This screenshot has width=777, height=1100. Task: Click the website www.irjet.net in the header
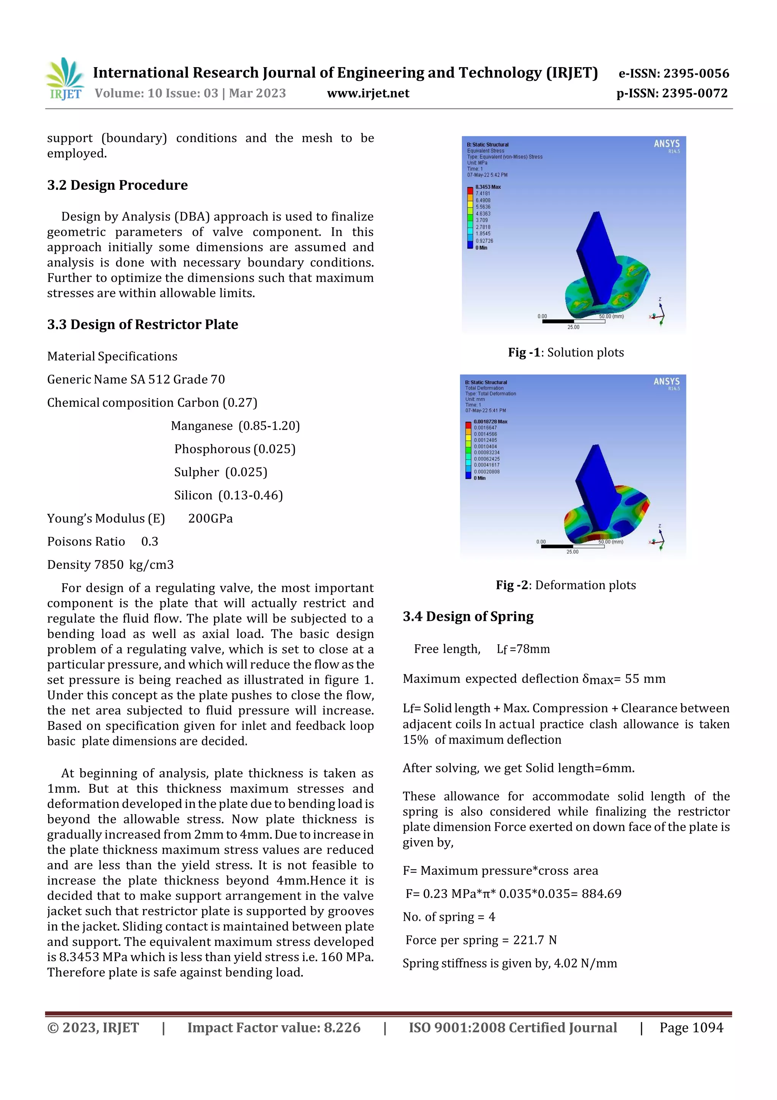point(368,93)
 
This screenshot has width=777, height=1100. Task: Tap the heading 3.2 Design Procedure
point(117,185)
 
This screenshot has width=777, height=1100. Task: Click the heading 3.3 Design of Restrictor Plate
point(142,324)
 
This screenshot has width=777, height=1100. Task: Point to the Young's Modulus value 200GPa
point(210,518)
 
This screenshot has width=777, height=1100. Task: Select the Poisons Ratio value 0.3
point(149,541)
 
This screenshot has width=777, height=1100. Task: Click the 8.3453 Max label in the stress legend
point(488,187)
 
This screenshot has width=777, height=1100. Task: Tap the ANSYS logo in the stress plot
point(667,144)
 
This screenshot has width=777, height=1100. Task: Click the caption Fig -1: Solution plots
point(566,353)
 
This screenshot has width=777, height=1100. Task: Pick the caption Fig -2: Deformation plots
point(566,585)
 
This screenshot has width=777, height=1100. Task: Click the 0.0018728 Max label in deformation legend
point(490,421)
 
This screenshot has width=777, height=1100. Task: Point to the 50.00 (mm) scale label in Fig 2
point(610,542)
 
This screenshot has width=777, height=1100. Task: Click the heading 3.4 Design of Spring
point(468,617)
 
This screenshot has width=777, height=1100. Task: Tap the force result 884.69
point(601,893)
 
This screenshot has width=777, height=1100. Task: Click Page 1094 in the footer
point(691,1027)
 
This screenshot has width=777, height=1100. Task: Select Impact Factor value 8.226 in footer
point(274,1027)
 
